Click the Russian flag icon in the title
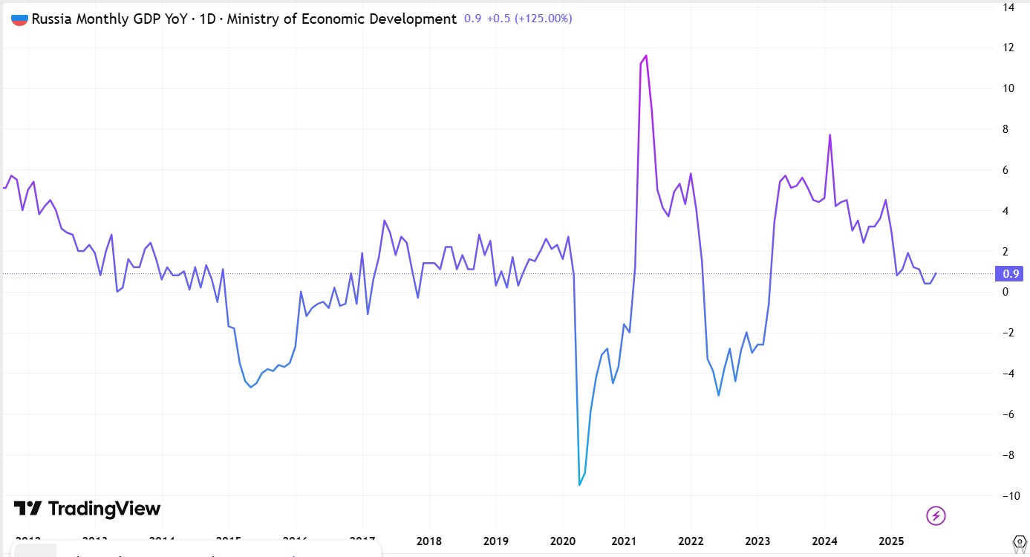(19, 19)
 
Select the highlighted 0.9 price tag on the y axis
(1011, 274)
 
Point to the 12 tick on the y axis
(1008, 48)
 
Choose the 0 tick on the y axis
(1006, 292)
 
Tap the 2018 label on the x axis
(429, 541)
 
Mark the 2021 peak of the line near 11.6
(646, 56)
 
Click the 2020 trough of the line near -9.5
(579, 485)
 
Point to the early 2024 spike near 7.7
(829, 135)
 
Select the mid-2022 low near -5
(719, 394)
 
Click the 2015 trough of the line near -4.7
(250, 387)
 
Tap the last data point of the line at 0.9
(936, 273)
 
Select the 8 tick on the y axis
(1008, 129)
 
